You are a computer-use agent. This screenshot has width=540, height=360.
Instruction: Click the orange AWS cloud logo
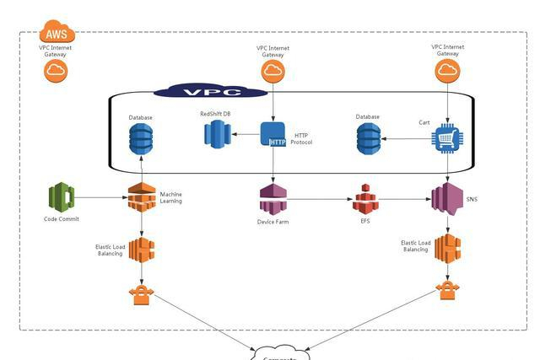(x=57, y=33)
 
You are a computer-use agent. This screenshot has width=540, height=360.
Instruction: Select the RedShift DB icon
(x=218, y=133)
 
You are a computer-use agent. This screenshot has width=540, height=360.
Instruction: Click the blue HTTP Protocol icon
(x=273, y=135)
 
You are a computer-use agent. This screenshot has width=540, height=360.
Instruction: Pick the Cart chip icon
(x=447, y=139)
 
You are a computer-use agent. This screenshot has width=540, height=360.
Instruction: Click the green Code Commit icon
(x=61, y=197)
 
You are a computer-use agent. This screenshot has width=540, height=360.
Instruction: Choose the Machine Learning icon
(x=141, y=197)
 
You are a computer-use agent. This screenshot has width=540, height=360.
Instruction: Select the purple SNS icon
(x=448, y=199)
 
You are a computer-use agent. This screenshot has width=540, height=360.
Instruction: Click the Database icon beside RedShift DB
(x=140, y=138)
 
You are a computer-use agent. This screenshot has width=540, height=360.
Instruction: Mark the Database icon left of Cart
(x=368, y=138)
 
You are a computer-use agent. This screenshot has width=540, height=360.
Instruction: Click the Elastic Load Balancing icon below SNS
(x=447, y=249)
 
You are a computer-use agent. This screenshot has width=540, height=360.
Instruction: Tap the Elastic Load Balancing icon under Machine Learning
(x=141, y=249)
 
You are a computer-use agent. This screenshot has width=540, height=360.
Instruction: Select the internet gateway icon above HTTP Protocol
(x=273, y=72)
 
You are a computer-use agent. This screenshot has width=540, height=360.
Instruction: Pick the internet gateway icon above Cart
(x=447, y=71)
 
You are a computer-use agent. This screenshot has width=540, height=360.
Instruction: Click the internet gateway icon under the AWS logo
(x=57, y=72)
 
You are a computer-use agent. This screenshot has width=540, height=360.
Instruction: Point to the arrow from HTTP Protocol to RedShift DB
(x=246, y=133)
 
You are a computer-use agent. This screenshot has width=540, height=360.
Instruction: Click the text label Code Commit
(x=61, y=219)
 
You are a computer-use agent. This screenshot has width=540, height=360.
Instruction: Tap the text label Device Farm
(x=273, y=222)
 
